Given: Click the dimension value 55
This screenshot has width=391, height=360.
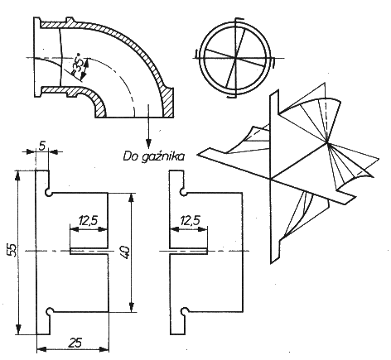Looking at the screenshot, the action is coord(13,250).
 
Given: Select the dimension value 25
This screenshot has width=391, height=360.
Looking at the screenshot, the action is coord(75,343).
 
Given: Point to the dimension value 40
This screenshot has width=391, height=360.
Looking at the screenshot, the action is coord(125,252).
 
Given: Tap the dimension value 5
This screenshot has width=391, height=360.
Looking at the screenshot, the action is coord(42,146).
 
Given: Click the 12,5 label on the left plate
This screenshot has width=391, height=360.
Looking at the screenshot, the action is coord(89,221).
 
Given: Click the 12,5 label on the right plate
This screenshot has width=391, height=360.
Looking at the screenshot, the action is coord(190,220).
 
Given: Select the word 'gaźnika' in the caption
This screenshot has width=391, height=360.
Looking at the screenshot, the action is coord(162,157).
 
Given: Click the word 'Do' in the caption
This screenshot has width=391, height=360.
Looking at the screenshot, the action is coord(131,156).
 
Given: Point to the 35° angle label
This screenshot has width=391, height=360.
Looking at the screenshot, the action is coord(77,65).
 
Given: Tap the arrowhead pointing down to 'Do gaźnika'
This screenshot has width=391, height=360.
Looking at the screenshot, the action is coord(149,144).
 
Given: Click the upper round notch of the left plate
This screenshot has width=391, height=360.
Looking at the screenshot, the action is coord(49,193).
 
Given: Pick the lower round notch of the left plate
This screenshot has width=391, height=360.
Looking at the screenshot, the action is coord(51,311).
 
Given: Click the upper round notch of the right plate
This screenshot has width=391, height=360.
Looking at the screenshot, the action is coord(182,192).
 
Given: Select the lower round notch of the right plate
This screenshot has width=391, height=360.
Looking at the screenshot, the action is coord(185,310).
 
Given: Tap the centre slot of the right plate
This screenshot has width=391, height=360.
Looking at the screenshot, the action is coord(188,251).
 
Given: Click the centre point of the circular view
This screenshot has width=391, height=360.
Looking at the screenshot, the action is coord(235,58).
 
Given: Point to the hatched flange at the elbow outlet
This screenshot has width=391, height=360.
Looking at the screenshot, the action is coord(168,102).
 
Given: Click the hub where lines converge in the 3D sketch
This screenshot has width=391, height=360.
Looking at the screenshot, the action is coord(327,143).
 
